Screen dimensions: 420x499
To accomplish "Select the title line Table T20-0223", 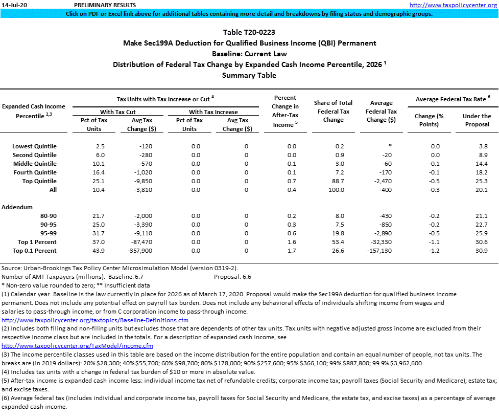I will pos(249,32).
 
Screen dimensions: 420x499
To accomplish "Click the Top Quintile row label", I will pos(39,181).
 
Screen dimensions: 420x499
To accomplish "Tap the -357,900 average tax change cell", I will pos(138,251).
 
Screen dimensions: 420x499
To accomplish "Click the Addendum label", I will pos(17,207).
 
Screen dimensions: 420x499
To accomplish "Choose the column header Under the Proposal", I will pos(477,120).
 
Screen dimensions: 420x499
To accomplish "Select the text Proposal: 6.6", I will pos(232,276).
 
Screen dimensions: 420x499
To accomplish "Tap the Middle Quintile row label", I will pos(36,164).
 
